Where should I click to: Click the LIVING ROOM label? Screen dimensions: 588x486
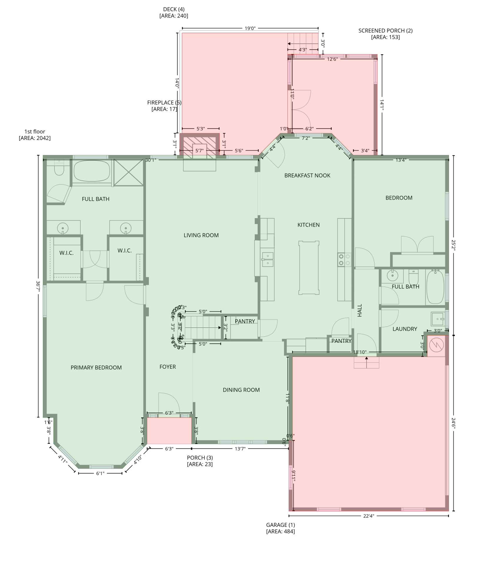coord(201,235)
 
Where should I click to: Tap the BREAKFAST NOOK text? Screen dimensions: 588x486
coord(307,176)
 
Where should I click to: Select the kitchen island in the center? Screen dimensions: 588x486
coord(309,268)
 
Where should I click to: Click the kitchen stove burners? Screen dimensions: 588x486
coord(344,260)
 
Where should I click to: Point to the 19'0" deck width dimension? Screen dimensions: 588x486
coord(250,29)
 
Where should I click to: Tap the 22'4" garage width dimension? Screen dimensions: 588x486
coord(368,516)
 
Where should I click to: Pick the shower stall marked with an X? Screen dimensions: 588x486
coord(129,173)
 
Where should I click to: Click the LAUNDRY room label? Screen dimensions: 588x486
coord(405,329)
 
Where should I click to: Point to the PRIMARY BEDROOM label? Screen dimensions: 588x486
coord(96,367)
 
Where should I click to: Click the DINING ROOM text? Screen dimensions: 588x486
coord(241,390)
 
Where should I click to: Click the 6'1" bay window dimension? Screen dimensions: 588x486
coord(100,473)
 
